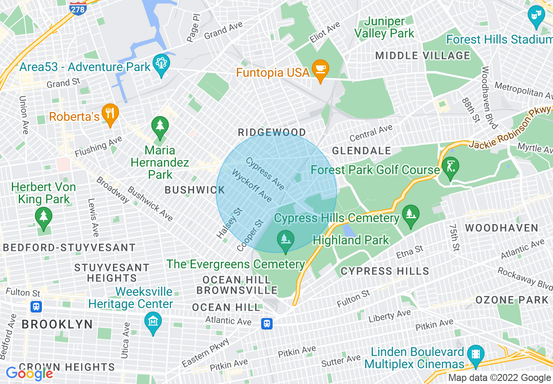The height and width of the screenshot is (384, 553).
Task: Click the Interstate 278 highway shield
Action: (78, 7)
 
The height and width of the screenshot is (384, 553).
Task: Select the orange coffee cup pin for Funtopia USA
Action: (321, 70)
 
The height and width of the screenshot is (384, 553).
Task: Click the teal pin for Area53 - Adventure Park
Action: (161, 65)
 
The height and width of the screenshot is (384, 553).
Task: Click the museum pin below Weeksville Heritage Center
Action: (153, 323)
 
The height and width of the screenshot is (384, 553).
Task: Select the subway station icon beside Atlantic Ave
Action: (267, 323)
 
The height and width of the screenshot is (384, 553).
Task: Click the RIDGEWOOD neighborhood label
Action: (272, 132)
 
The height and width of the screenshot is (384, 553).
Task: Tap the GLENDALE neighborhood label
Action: (362, 151)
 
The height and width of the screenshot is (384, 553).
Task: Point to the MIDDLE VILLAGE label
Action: (423, 56)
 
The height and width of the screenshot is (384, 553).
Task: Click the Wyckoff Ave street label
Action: (252, 186)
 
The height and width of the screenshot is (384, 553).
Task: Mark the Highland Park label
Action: (351, 240)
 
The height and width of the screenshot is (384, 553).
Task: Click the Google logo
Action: (29, 373)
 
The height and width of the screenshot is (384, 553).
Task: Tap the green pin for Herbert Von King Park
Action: (44, 217)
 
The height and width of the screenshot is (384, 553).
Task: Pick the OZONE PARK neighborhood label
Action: (512, 300)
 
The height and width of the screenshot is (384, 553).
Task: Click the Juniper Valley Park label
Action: (384, 27)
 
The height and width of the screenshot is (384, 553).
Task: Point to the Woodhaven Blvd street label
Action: (489, 97)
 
